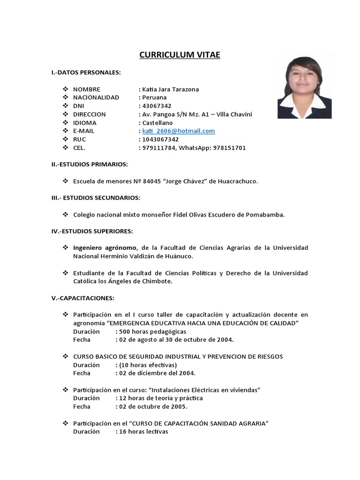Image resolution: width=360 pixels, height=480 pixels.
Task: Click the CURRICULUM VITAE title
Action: [x=180, y=55]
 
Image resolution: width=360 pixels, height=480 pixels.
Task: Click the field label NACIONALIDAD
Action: [x=96, y=97]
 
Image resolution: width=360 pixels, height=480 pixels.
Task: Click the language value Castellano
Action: [x=158, y=123]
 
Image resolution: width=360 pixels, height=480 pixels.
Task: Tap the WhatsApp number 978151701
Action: [x=230, y=148]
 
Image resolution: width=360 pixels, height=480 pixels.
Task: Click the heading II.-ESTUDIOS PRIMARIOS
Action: [x=90, y=165]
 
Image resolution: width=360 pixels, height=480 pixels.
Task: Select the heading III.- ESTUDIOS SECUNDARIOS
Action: [x=95, y=198]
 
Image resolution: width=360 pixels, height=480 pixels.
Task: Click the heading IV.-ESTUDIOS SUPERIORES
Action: [x=92, y=231]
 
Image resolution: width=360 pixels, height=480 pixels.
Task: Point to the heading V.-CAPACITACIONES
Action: [x=82, y=298]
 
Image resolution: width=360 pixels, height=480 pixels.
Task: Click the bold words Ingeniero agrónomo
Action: [x=105, y=247]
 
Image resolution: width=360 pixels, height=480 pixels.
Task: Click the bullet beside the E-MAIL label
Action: [x=65, y=131]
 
